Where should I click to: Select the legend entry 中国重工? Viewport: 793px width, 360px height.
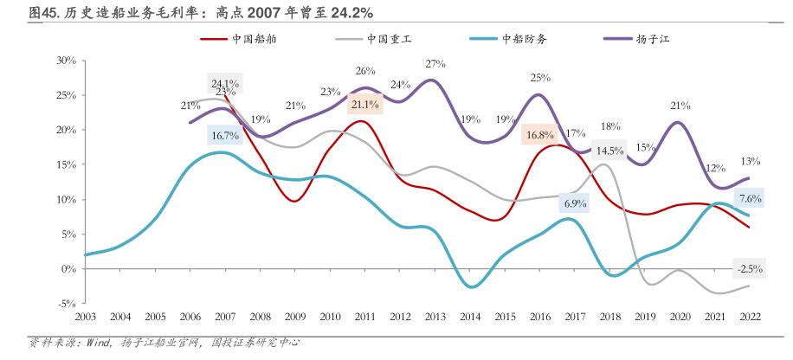[389, 39]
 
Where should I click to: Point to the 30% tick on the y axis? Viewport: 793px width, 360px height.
[67, 61]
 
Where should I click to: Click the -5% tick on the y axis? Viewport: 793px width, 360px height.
[67, 304]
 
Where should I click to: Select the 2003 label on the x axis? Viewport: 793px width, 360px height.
[87, 317]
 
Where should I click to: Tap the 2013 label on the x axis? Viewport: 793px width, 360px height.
[435, 317]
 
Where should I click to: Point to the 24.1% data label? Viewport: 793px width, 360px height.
[225, 84]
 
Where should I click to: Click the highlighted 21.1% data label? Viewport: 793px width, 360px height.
[364, 105]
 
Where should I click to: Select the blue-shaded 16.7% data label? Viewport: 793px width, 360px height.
[225, 135]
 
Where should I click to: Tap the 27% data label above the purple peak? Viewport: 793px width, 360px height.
[435, 64]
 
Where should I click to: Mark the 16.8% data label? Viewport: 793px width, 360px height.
[538, 135]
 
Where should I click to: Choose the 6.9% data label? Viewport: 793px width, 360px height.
[574, 204]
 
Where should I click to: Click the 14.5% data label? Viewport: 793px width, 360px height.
[609, 151]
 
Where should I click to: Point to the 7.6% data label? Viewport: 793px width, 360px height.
[750, 198]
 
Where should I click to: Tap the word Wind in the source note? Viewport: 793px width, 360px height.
[99, 342]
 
